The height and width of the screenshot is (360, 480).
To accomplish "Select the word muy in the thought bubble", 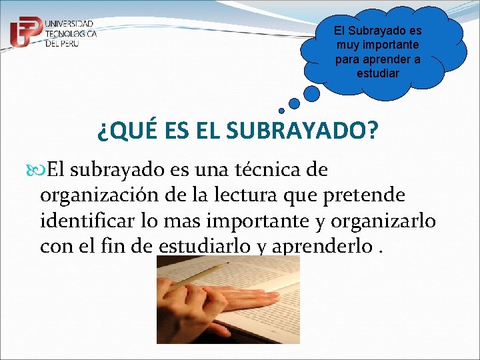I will [347, 45].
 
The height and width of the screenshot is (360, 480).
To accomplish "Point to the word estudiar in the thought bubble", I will [378, 73].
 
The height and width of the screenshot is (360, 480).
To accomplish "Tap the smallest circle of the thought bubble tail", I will [281, 111].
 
